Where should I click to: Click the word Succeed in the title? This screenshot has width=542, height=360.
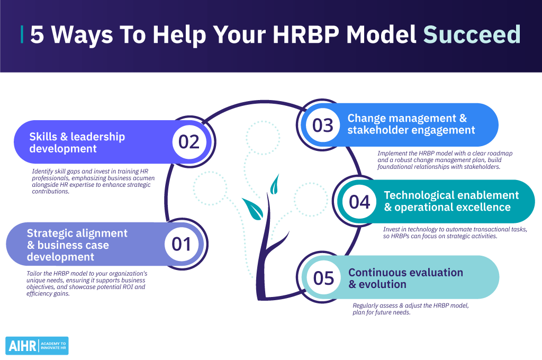tap(472, 34)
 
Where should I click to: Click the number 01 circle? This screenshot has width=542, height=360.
tap(182, 244)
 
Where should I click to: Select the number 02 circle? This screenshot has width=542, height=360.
tap(189, 142)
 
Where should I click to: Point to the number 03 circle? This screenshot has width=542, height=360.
tap(323, 125)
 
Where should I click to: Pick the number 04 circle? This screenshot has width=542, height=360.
tap(359, 202)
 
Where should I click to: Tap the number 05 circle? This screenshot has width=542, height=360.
tap(323, 278)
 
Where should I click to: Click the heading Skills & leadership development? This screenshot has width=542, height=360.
tap(77, 142)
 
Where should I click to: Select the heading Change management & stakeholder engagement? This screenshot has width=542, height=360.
tap(411, 124)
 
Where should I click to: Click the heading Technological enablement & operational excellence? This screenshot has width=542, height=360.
tap(451, 201)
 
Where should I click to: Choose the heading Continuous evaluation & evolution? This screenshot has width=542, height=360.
tap(405, 278)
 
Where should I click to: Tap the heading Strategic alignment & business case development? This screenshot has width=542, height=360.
tap(77, 245)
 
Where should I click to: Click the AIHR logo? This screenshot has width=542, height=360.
tap(37, 346)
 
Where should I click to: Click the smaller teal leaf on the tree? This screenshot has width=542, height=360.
tap(275, 184)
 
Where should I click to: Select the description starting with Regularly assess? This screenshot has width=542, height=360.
tap(411, 309)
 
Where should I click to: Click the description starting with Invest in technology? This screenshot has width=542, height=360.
tap(455, 233)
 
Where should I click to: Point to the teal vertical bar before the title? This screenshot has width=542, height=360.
tap(22, 34)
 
